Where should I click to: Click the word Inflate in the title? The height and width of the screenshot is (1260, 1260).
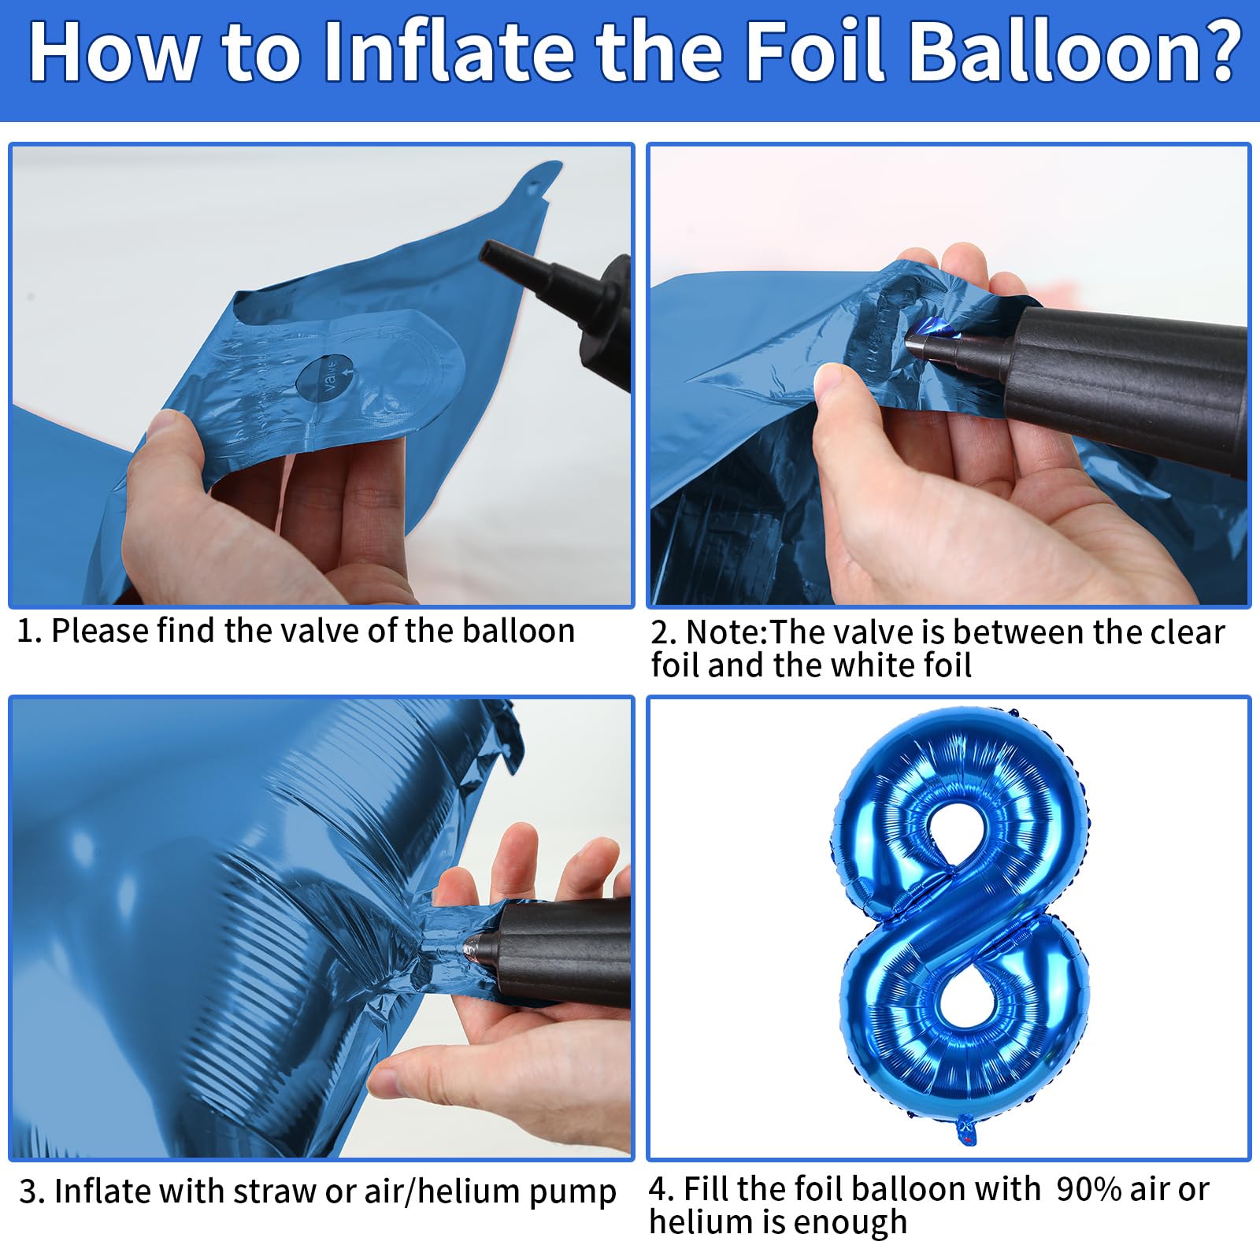click(450, 52)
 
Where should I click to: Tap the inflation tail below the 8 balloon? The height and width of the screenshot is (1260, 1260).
click(966, 1130)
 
